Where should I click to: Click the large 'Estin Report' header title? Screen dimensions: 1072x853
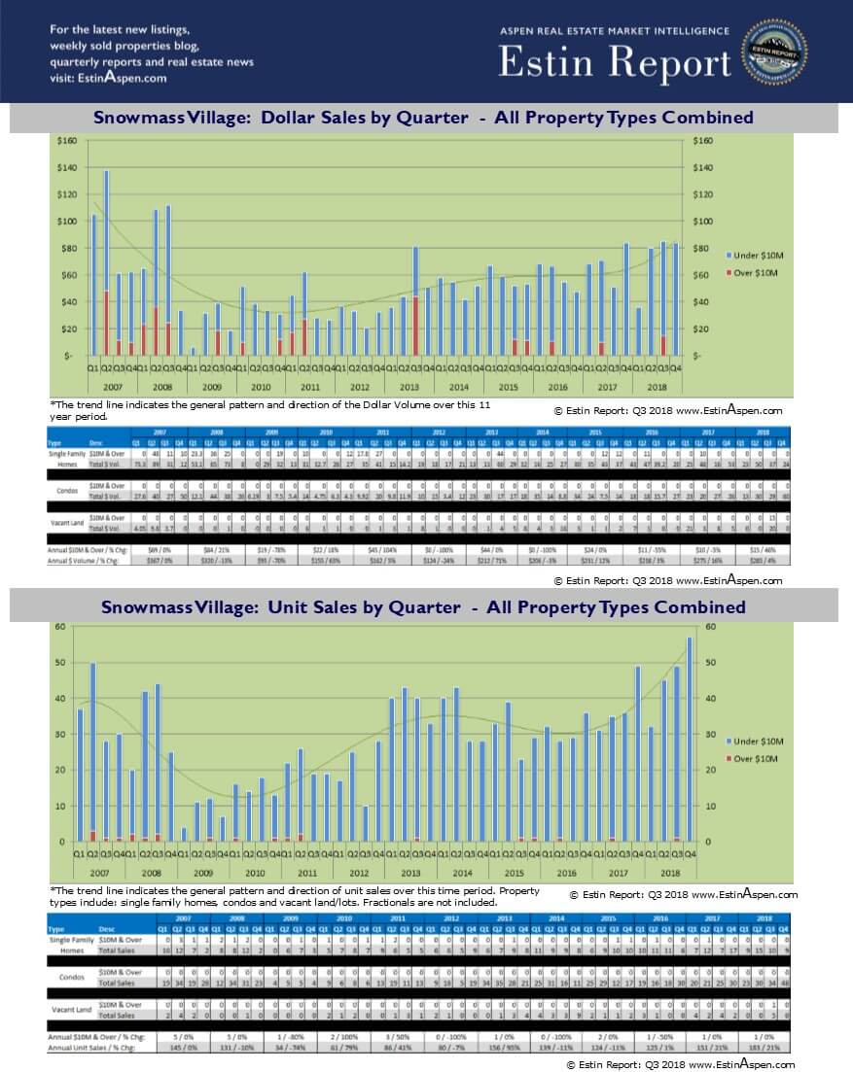click(x=615, y=62)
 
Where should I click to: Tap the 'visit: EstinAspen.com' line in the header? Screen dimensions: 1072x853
click(x=108, y=78)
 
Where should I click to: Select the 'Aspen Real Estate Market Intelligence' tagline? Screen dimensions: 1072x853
click(x=615, y=31)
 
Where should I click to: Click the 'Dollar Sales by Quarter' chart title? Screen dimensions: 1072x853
click(x=423, y=118)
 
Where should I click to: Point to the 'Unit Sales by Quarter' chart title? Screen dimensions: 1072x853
click(x=423, y=607)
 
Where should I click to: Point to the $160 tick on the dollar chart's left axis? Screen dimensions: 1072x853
click(x=67, y=140)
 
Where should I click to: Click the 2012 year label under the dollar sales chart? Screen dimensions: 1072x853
click(x=359, y=387)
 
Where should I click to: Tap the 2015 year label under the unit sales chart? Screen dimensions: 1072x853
click(x=513, y=873)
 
